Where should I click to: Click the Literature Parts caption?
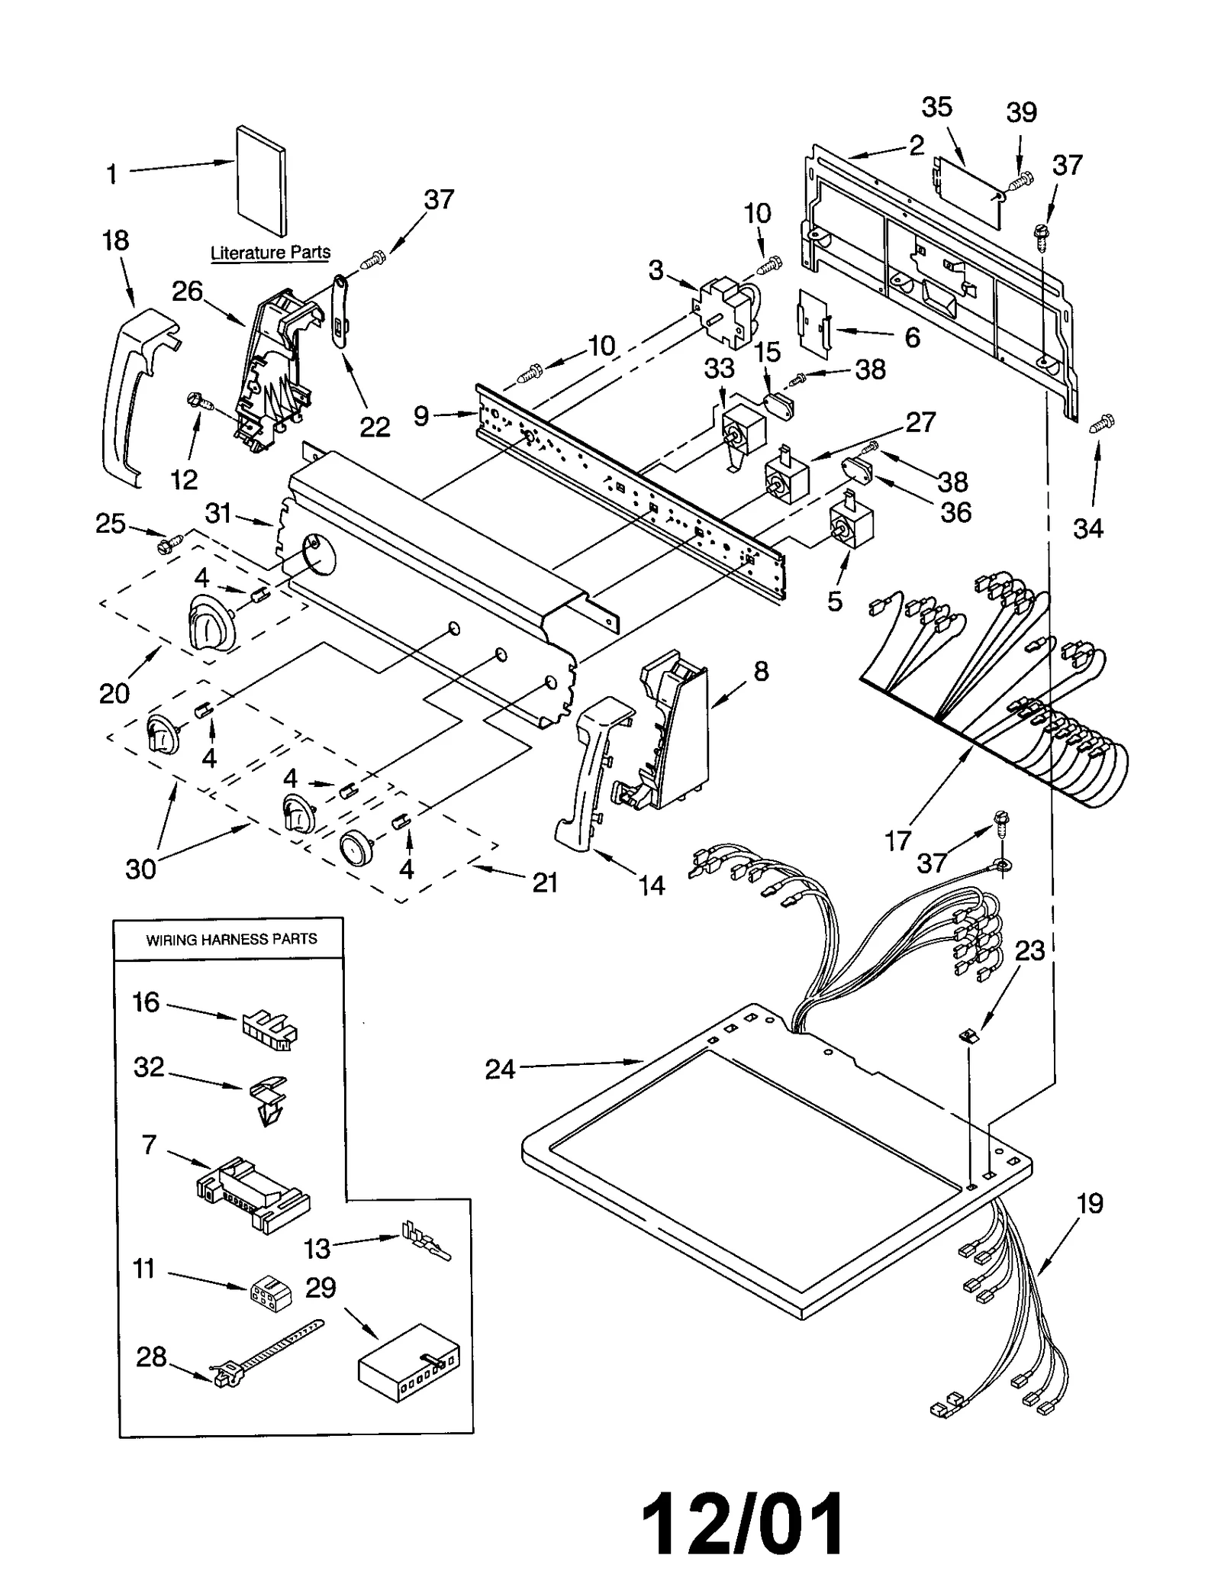270,252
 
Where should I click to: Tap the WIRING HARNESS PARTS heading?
231,939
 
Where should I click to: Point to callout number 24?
500,1069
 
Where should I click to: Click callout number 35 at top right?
936,107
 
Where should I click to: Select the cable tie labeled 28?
267,1352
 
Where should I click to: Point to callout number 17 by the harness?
898,840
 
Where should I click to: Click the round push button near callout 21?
355,847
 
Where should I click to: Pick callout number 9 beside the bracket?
421,416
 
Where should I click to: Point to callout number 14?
651,886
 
